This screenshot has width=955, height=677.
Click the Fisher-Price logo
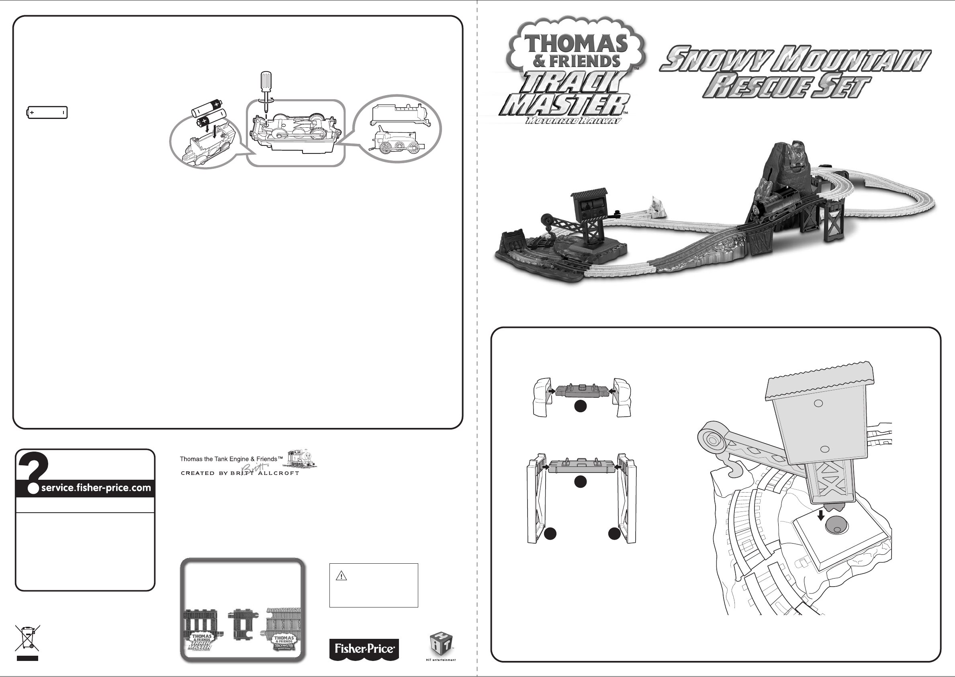(364, 649)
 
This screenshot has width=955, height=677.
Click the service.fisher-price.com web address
(96, 488)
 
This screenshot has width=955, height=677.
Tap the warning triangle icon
(342, 577)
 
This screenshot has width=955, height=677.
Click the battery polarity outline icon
(47, 112)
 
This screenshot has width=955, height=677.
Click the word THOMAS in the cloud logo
(576, 43)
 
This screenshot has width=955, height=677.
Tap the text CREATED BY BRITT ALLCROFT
(240, 473)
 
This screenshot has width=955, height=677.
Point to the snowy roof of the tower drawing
(819, 379)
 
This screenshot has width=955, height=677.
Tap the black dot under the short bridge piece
(581, 406)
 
